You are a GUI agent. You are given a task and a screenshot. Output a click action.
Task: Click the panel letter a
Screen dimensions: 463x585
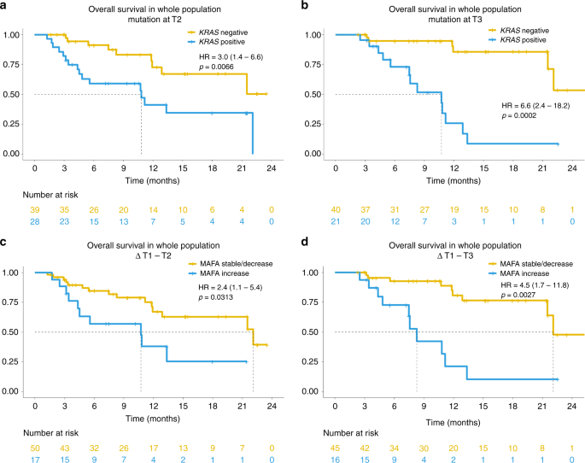pos(6,7)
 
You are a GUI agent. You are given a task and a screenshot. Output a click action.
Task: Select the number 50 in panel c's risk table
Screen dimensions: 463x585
pos(35,436)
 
